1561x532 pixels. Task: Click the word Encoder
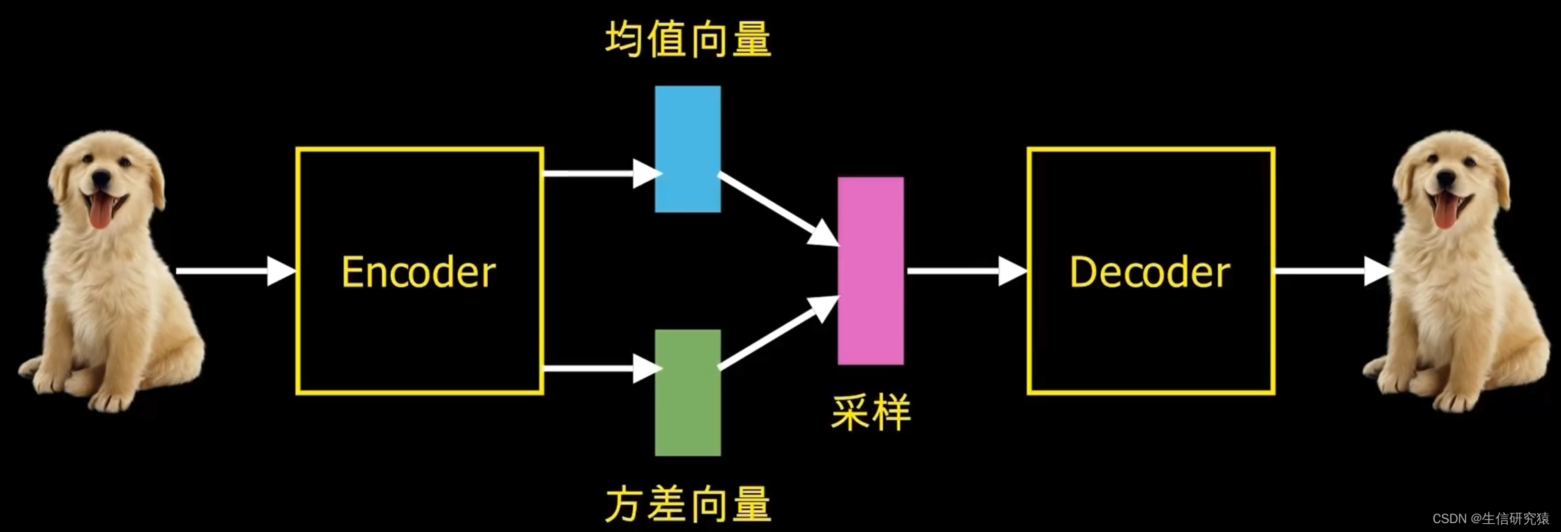click(418, 272)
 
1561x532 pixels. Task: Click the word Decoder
click(1150, 272)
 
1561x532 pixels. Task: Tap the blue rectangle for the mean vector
click(688, 149)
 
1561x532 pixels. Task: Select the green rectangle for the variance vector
click(688, 392)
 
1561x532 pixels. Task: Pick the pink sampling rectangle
click(871, 271)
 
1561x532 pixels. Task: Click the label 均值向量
click(688, 39)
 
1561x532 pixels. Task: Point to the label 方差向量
click(688, 504)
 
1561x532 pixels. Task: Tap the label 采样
click(871, 412)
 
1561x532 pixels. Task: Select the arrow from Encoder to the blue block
click(600, 173)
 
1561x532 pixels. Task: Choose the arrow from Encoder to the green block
click(600, 368)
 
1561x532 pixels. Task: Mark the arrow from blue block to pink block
click(778, 209)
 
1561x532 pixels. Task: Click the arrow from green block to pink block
click(778, 334)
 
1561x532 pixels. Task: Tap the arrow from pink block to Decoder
click(966, 271)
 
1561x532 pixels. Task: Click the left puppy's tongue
click(100, 211)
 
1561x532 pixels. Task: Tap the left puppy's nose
click(102, 179)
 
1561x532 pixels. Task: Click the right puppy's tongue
click(1444, 211)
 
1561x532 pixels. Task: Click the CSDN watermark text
click(1490, 518)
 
